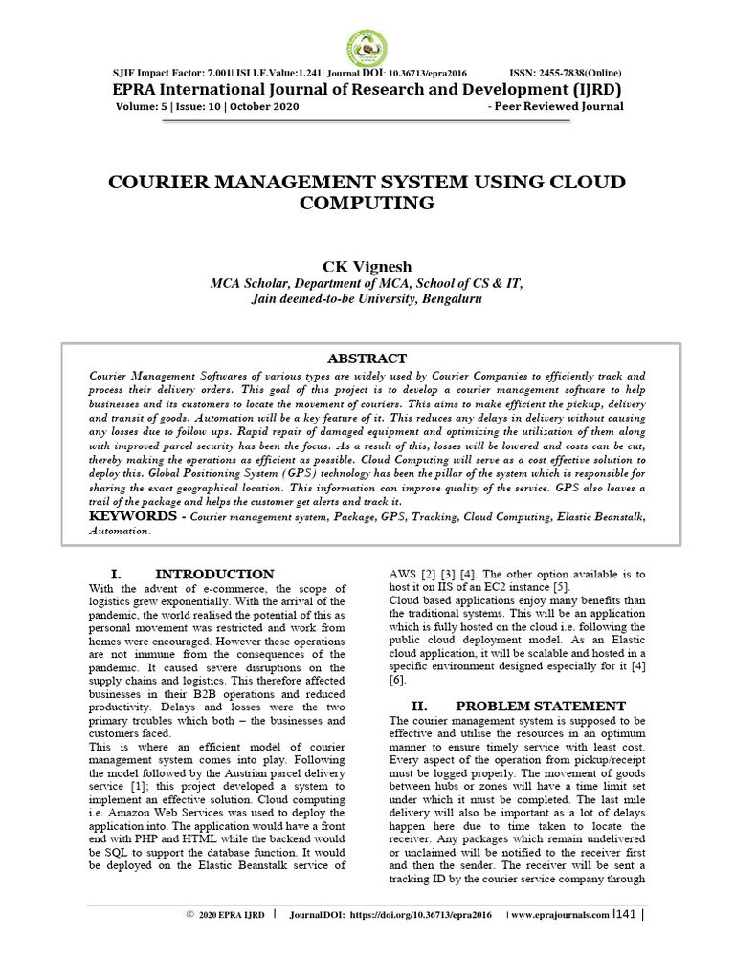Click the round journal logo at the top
[x=367, y=47]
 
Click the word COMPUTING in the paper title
[x=367, y=203]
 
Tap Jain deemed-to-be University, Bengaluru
[x=367, y=298]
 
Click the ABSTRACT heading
[x=367, y=358]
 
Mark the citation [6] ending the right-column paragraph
[x=396, y=680]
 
